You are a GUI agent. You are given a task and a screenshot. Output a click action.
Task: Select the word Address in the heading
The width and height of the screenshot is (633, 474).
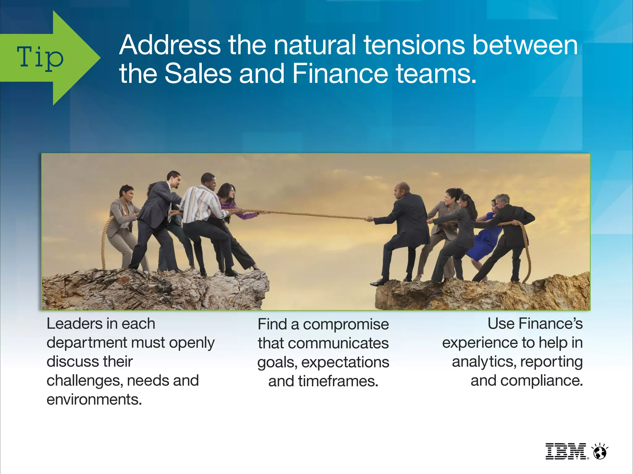pos(170,45)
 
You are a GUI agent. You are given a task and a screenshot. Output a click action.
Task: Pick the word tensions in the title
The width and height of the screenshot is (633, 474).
pos(414,45)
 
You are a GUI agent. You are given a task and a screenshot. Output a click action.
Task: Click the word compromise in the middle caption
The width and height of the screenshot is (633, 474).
pos(346,325)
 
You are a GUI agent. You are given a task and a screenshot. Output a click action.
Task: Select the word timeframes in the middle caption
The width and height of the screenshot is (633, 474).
pos(338,381)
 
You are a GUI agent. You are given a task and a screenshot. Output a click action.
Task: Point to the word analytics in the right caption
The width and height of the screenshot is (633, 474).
pos(484,362)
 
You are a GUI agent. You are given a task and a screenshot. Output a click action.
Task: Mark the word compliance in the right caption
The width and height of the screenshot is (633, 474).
pos(541,381)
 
